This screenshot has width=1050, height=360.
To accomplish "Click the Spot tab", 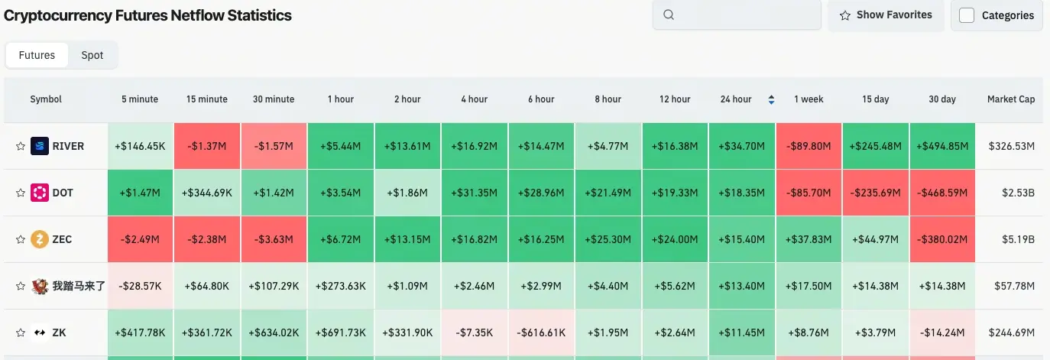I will (x=92, y=55).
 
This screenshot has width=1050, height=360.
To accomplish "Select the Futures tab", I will (x=37, y=55).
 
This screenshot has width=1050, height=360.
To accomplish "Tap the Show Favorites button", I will (x=886, y=15).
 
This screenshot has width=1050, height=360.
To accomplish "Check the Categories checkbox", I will (x=967, y=15).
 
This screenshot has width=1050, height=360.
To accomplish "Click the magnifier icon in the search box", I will (x=669, y=15).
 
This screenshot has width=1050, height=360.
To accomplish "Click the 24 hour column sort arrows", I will (x=771, y=99).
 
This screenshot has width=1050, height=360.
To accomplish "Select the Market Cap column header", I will (x=1010, y=99).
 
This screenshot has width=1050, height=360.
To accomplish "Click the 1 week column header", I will (x=809, y=99).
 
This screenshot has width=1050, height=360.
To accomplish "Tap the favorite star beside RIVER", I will (x=21, y=146).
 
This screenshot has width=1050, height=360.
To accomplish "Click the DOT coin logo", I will (x=39, y=193).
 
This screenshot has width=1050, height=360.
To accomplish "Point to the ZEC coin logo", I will (x=39, y=239).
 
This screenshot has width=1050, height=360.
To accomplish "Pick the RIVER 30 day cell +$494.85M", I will (x=942, y=146).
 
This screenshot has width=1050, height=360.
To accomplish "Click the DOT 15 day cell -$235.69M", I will (x=876, y=193).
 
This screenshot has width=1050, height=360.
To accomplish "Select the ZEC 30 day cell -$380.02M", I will (x=942, y=239).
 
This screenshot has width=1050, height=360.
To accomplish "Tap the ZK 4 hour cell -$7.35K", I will (x=474, y=332).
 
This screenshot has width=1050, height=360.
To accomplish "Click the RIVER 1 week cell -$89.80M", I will (x=809, y=146).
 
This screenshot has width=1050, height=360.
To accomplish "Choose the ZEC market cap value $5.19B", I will (x=1017, y=239).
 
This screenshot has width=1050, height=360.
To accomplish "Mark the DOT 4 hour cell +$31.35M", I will (x=474, y=193).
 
